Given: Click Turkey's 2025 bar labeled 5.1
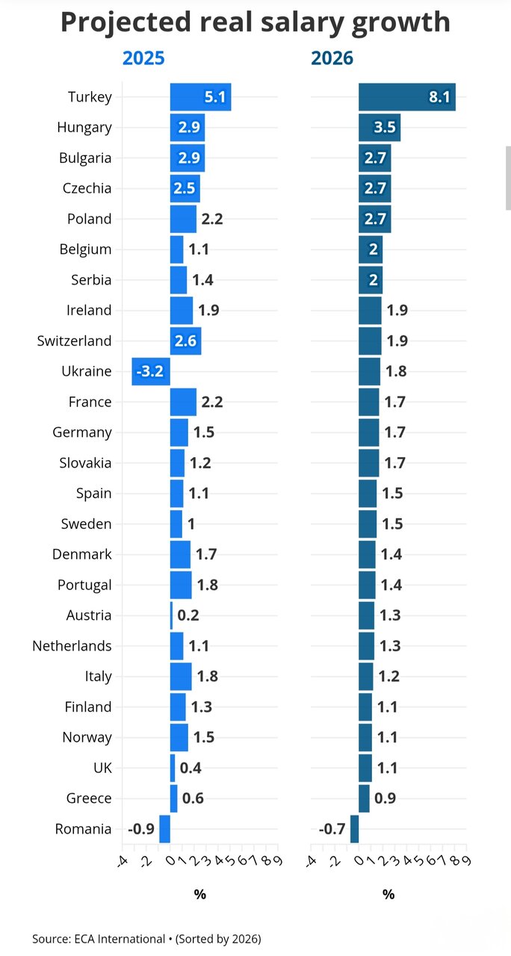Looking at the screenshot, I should pos(199,97).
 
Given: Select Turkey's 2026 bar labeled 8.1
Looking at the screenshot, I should pos(406,97).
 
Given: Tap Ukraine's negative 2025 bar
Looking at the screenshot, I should pos(150,371).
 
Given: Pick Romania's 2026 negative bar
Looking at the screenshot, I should pos(354,829).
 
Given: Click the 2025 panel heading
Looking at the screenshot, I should pos(143,58).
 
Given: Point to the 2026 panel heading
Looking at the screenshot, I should pos(332,58).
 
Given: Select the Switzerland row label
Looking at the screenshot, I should pos(74,341).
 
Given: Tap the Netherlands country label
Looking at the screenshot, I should pos(72,646).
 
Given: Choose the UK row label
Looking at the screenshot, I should pos(101,768).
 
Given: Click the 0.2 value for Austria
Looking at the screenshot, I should pos(188,615).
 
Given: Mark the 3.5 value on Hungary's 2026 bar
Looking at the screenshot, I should pos(384,128).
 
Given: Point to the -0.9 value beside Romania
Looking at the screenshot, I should pos(141,829).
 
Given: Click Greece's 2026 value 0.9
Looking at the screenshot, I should pos(385,798).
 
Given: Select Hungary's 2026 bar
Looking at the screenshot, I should pos(379,128).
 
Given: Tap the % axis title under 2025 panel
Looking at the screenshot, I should pos(199,894).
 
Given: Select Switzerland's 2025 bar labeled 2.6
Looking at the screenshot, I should pos(185,341).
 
